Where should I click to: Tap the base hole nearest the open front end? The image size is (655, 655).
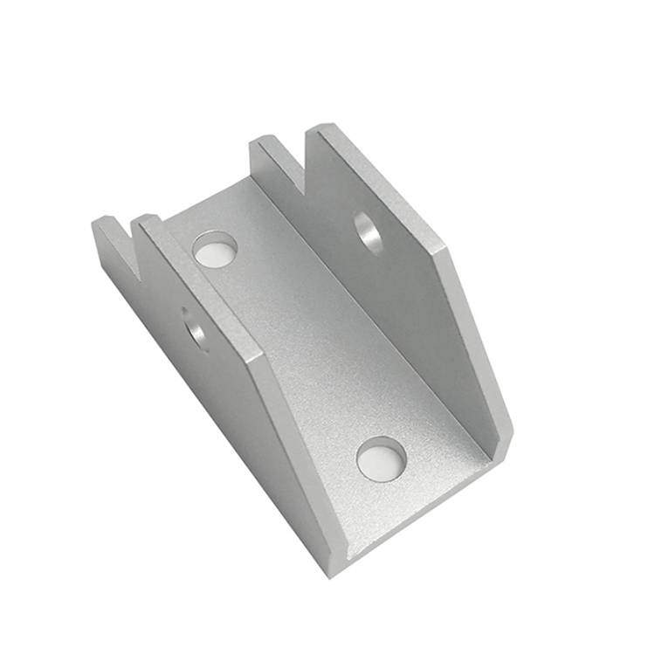pyautogui.click(x=382, y=458)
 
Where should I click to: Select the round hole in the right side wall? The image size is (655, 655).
pyautogui.click(x=369, y=232)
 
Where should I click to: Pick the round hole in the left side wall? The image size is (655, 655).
pyautogui.click(x=196, y=327)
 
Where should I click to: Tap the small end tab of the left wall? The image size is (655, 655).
pyautogui.click(x=107, y=236)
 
